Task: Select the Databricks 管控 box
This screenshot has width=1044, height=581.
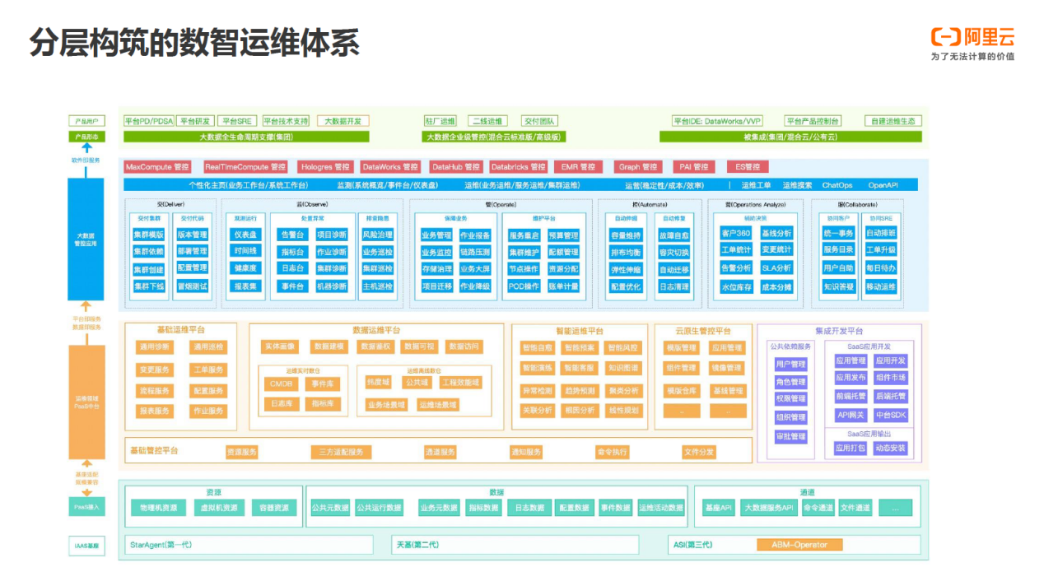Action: point(518,167)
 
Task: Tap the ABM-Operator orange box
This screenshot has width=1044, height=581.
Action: point(799,545)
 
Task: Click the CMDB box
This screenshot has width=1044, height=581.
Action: point(281,383)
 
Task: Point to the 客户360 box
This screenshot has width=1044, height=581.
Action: point(735,234)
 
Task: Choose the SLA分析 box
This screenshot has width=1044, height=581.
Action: point(776,268)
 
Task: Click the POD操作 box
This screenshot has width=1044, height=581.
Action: point(524,286)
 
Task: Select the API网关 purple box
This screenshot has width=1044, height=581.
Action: point(851,415)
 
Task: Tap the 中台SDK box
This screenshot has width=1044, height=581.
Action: point(890,415)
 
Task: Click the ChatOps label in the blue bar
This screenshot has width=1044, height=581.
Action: point(837,185)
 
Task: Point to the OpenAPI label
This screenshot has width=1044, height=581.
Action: point(883,185)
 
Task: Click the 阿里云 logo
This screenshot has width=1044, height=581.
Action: point(972,38)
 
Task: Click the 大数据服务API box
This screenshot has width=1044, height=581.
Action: point(768,508)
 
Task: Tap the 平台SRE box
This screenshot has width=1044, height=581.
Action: point(239,121)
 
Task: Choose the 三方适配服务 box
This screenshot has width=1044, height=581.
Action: point(341,452)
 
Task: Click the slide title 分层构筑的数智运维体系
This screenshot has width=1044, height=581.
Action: point(194,43)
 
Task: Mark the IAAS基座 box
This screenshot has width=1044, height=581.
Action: point(86,545)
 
